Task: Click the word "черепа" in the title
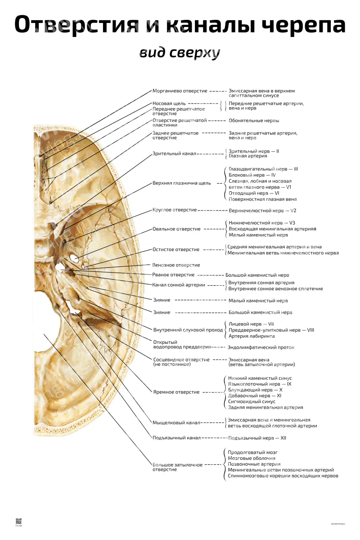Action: click(x=304, y=25)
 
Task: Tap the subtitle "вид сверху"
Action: click(x=180, y=53)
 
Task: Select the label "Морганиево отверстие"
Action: click(x=180, y=91)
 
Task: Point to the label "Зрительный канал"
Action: click(x=174, y=153)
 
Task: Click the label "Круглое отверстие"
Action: click(x=175, y=210)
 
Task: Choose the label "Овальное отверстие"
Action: click(x=176, y=229)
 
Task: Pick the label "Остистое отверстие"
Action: click(x=176, y=249)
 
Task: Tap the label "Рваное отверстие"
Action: click(x=173, y=275)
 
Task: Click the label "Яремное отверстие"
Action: click(x=176, y=392)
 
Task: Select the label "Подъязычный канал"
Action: click(x=176, y=438)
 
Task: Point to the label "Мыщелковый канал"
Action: click(x=176, y=423)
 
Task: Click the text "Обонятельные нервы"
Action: click(x=254, y=121)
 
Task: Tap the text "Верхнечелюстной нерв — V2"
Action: click(x=262, y=211)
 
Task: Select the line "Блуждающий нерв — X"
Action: click(x=255, y=390)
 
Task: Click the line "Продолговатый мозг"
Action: click(x=252, y=452)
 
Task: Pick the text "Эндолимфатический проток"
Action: click(x=261, y=347)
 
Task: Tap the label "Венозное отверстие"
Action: click(x=176, y=265)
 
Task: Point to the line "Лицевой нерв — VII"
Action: click(x=251, y=324)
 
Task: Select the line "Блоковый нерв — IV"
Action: click(x=252, y=175)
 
